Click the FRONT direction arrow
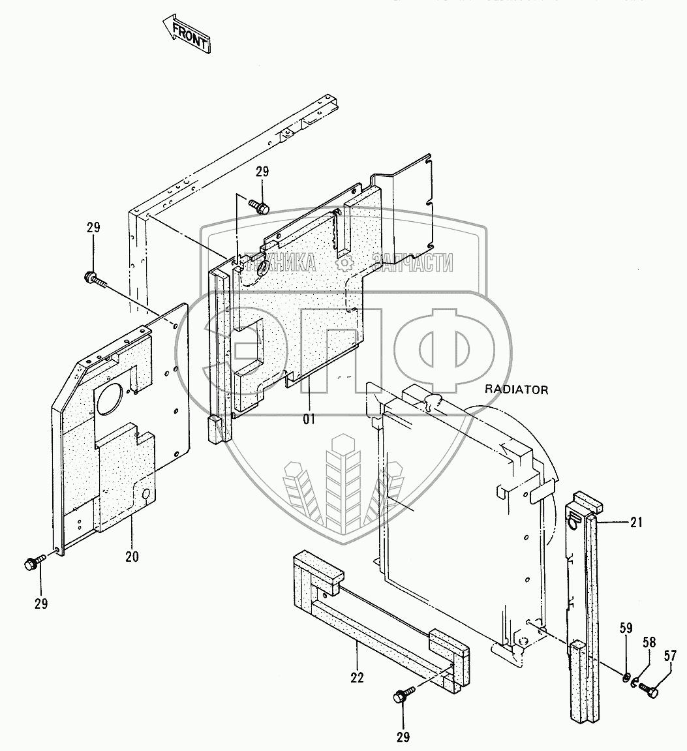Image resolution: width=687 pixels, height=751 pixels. click(x=187, y=36)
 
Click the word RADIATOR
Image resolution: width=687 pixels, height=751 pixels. click(x=517, y=390)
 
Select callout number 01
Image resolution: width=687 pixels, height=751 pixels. click(x=308, y=419)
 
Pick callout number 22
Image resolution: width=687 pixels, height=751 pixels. click(x=357, y=677)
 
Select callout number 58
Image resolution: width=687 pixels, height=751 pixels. click(x=650, y=643)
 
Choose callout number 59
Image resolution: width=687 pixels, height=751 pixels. click(x=626, y=630)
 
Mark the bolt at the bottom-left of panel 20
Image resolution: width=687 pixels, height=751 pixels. click(x=33, y=562)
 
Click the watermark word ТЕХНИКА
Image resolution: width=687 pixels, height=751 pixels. click(x=277, y=263)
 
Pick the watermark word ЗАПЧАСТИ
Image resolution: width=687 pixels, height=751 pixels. click(x=412, y=263)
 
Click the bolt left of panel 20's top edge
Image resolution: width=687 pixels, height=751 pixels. click(x=93, y=277)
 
